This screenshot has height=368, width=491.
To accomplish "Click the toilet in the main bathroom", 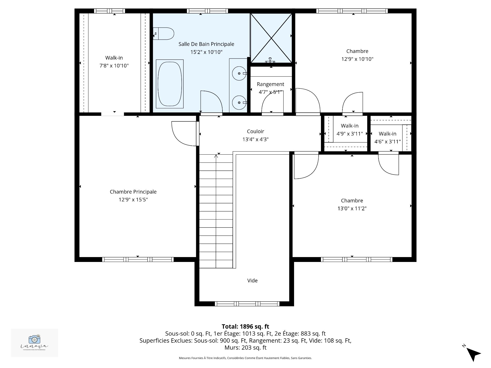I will coord(164,34).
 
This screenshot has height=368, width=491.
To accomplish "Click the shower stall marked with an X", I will coord(271,38).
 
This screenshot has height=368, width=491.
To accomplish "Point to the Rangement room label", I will coord(270,84).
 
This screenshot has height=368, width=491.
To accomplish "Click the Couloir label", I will coord(255,131).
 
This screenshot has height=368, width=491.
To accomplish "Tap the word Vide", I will coord(252,281).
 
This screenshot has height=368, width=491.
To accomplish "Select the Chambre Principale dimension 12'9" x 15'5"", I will coord(133,200).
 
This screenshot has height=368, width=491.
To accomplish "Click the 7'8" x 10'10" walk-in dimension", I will coord(114,66).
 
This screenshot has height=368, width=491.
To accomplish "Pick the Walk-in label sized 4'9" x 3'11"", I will coord(350,126).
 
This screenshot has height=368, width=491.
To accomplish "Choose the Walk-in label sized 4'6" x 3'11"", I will coord(387,134).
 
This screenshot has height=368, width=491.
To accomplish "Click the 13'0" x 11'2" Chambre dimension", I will coord(352,209).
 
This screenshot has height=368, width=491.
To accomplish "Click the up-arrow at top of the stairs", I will coord(216,156).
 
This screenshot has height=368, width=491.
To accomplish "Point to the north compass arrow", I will coord(473,354).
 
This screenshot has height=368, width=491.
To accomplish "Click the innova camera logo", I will coord(35,340).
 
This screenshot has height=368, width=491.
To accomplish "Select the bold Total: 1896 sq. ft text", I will coord(245,326).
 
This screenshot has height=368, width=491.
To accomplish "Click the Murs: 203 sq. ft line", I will coord(245,348).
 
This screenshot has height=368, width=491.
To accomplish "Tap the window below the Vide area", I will coord(247,304).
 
